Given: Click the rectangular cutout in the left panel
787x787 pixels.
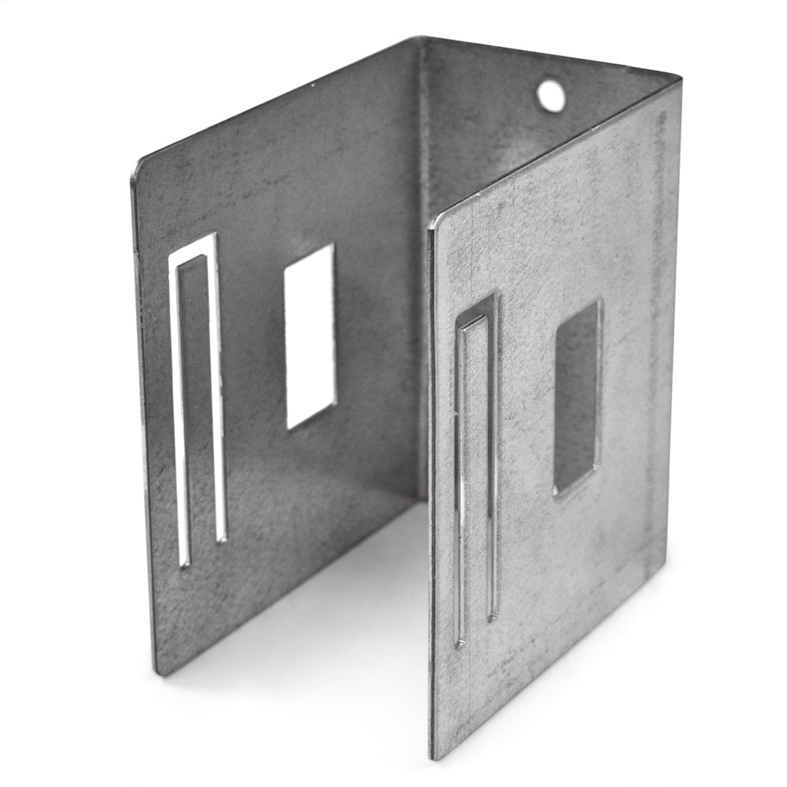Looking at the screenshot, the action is [x=309, y=334].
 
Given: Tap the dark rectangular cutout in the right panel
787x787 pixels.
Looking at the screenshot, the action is [x=577, y=397].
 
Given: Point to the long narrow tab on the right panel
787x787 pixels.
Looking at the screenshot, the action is [x=475, y=472].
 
